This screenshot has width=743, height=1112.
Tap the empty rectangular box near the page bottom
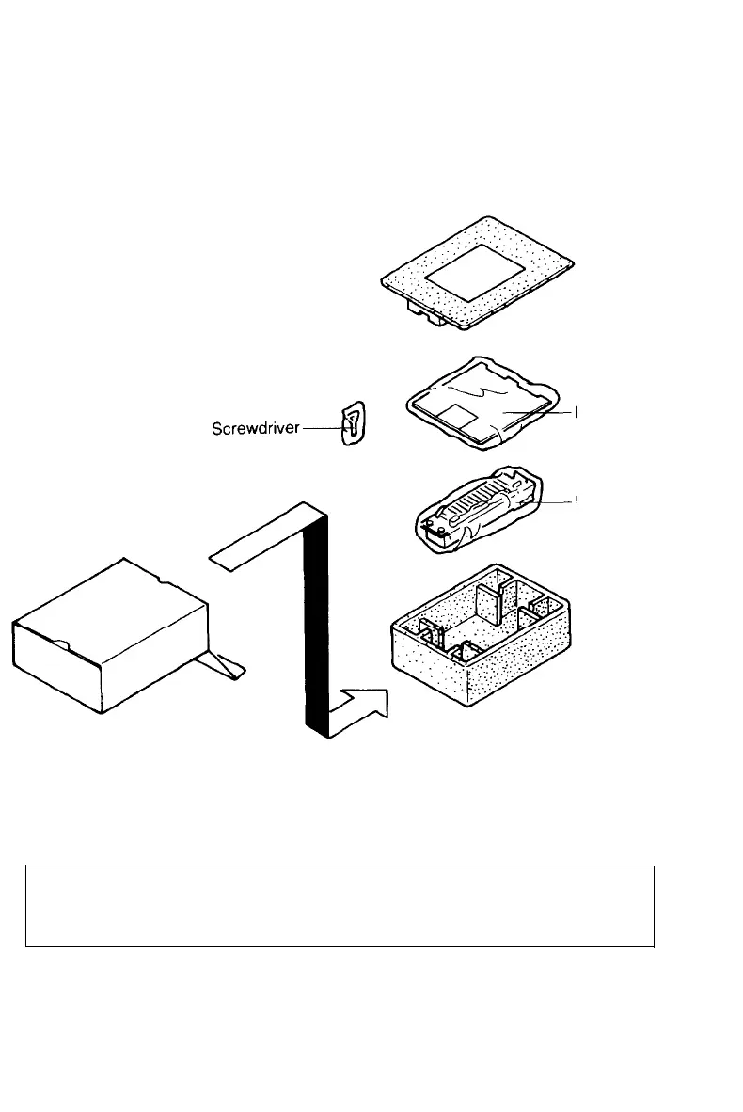[x=339, y=905]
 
